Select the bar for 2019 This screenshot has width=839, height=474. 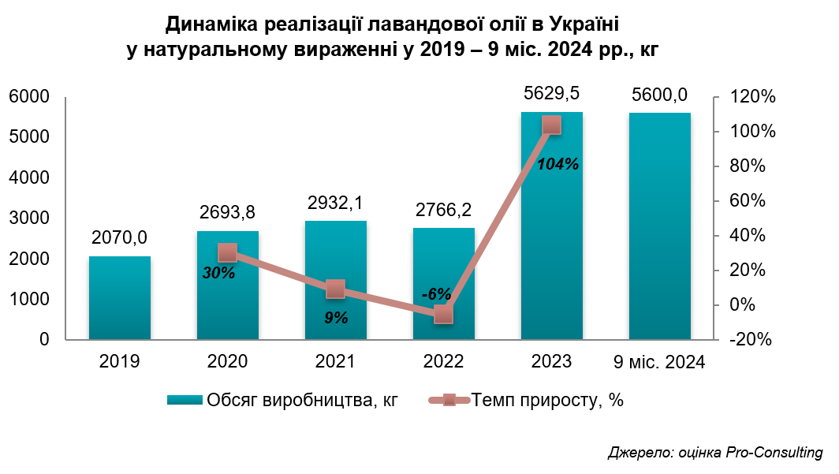(119, 298)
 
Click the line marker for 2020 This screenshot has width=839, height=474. (228, 252)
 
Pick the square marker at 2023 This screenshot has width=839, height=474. (552, 125)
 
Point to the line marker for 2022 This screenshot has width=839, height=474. (444, 315)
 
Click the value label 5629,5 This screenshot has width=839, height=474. (552, 93)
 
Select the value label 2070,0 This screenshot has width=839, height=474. (119, 237)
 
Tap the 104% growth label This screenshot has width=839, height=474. (557, 165)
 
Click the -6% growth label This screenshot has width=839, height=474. (436, 294)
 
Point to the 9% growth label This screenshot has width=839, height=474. (335, 318)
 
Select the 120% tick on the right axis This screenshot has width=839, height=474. (755, 97)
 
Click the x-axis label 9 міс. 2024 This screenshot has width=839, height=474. (659, 363)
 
